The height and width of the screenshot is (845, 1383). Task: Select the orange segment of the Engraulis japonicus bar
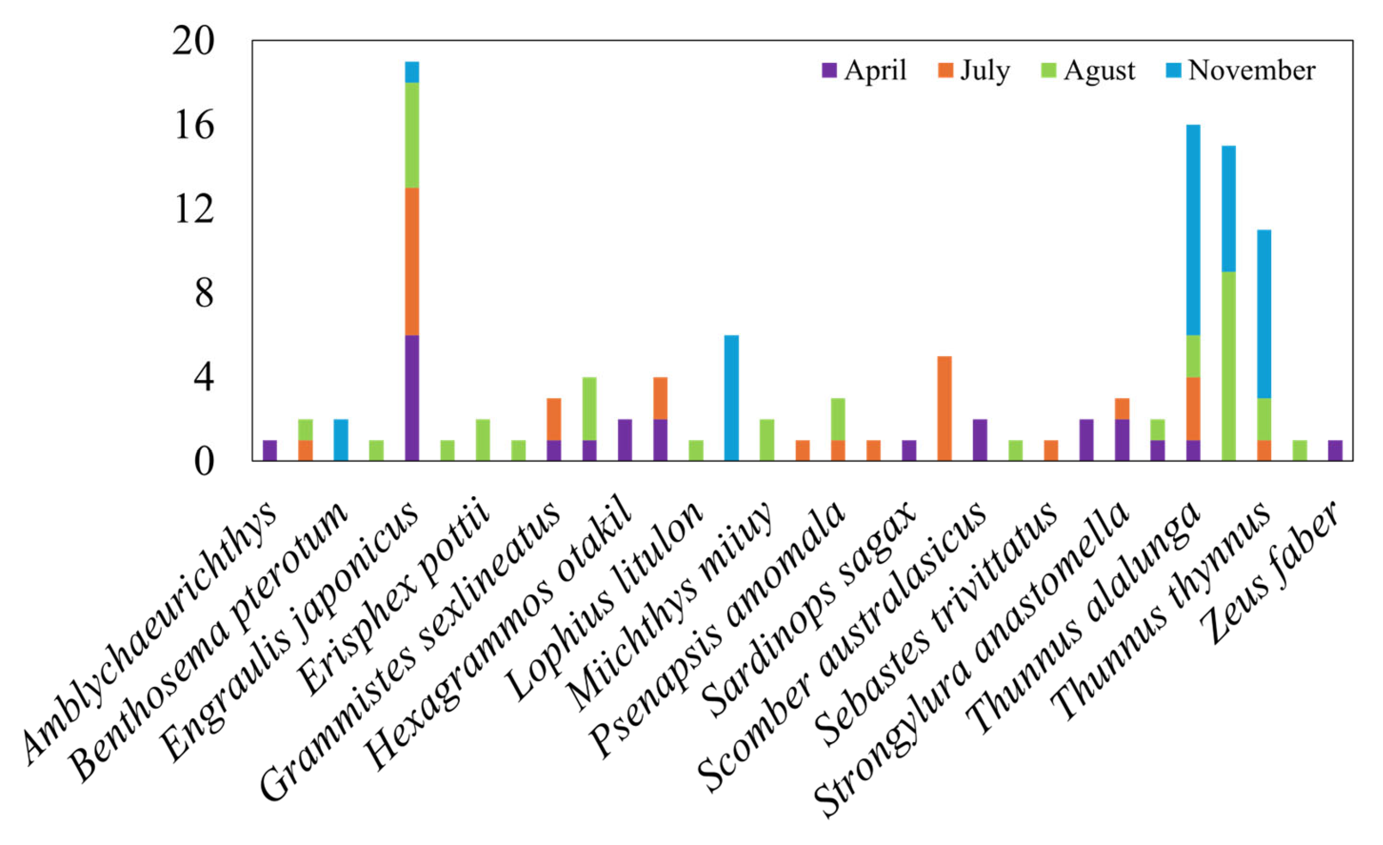411,261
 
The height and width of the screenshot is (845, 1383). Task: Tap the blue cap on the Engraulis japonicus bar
411,72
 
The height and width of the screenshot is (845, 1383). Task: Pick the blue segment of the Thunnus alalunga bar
1193,230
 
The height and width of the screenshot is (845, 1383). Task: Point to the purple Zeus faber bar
1335,450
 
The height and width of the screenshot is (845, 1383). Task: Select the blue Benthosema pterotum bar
341,439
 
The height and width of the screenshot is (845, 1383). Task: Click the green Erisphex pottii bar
483,439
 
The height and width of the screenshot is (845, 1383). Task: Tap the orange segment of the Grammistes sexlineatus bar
554,419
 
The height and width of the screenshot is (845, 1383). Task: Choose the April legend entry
864,71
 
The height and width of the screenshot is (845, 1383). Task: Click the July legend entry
974,71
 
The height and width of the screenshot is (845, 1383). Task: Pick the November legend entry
1240,71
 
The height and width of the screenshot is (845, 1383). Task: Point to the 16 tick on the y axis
194,125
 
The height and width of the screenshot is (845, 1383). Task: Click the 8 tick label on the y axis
204,293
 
